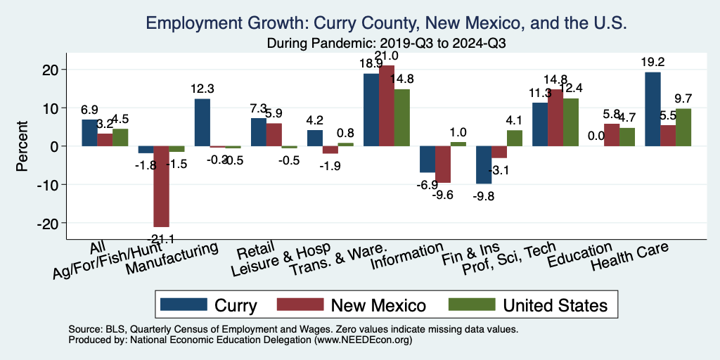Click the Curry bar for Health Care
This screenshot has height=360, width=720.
pyautogui.click(x=652, y=109)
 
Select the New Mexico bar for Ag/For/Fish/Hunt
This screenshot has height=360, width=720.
pyautogui.click(x=162, y=186)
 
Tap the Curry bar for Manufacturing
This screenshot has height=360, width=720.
pyautogui.click(x=202, y=122)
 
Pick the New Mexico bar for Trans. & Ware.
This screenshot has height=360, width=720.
pyautogui.click(x=387, y=105)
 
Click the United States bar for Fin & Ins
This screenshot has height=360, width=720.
pyautogui.click(x=515, y=138)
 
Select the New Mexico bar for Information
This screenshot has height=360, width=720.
pyautogui.click(x=443, y=164)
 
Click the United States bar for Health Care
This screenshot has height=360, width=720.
pyautogui.click(x=683, y=127)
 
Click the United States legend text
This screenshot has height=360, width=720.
pyautogui.click(x=555, y=305)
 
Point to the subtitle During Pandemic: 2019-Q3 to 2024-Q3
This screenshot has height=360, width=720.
pyautogui.click(x=387, y=43)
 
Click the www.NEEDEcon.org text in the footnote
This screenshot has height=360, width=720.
pyautogui.click(x=359, y=340)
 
